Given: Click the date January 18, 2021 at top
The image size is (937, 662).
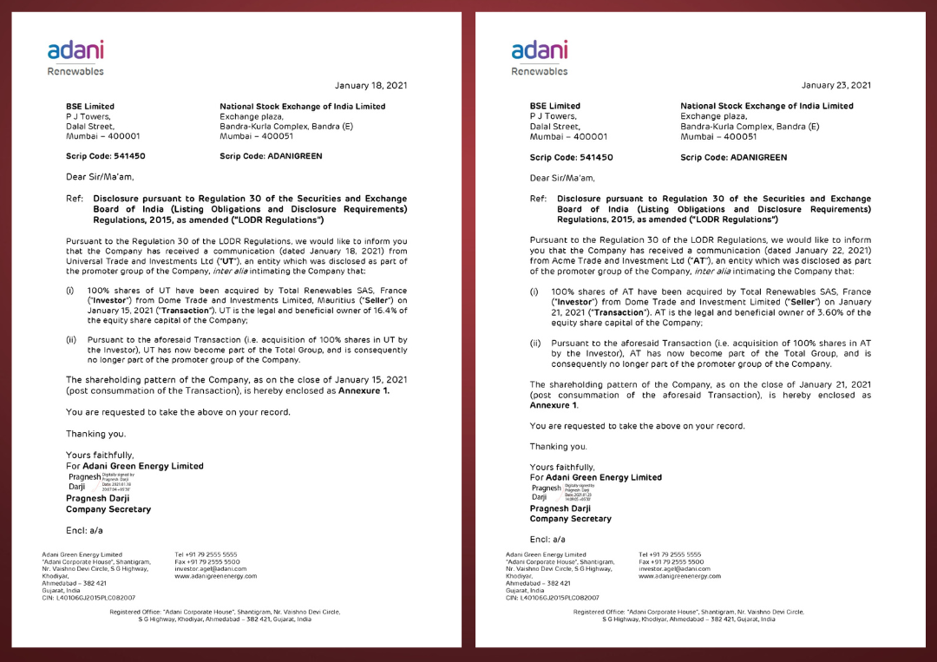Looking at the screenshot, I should click(x=370, y=85).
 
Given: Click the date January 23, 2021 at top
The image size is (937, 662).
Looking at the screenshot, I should click(x=835, y=85).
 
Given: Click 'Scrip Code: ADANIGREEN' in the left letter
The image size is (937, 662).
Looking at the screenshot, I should click(x=271, y=156).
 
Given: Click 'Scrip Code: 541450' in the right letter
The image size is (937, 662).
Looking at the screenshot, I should click(x=571, y=157).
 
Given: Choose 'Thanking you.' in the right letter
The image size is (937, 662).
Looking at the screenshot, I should click(x=558, y=446).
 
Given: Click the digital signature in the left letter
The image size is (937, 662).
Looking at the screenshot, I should click(x=100, y=482).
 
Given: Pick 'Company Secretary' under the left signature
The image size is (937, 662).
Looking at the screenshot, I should click(x=108, y=509).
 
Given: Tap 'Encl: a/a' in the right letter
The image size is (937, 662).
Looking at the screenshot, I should click(x=547, y=539).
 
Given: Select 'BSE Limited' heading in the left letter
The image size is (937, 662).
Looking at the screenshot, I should click(x=90, y=106).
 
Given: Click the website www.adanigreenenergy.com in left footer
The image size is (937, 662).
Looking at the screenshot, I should click(x=216, y=576).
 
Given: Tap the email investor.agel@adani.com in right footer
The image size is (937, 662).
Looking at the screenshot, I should click(x=674, y=569).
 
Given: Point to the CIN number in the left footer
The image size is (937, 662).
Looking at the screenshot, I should click(x=88, y=597).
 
